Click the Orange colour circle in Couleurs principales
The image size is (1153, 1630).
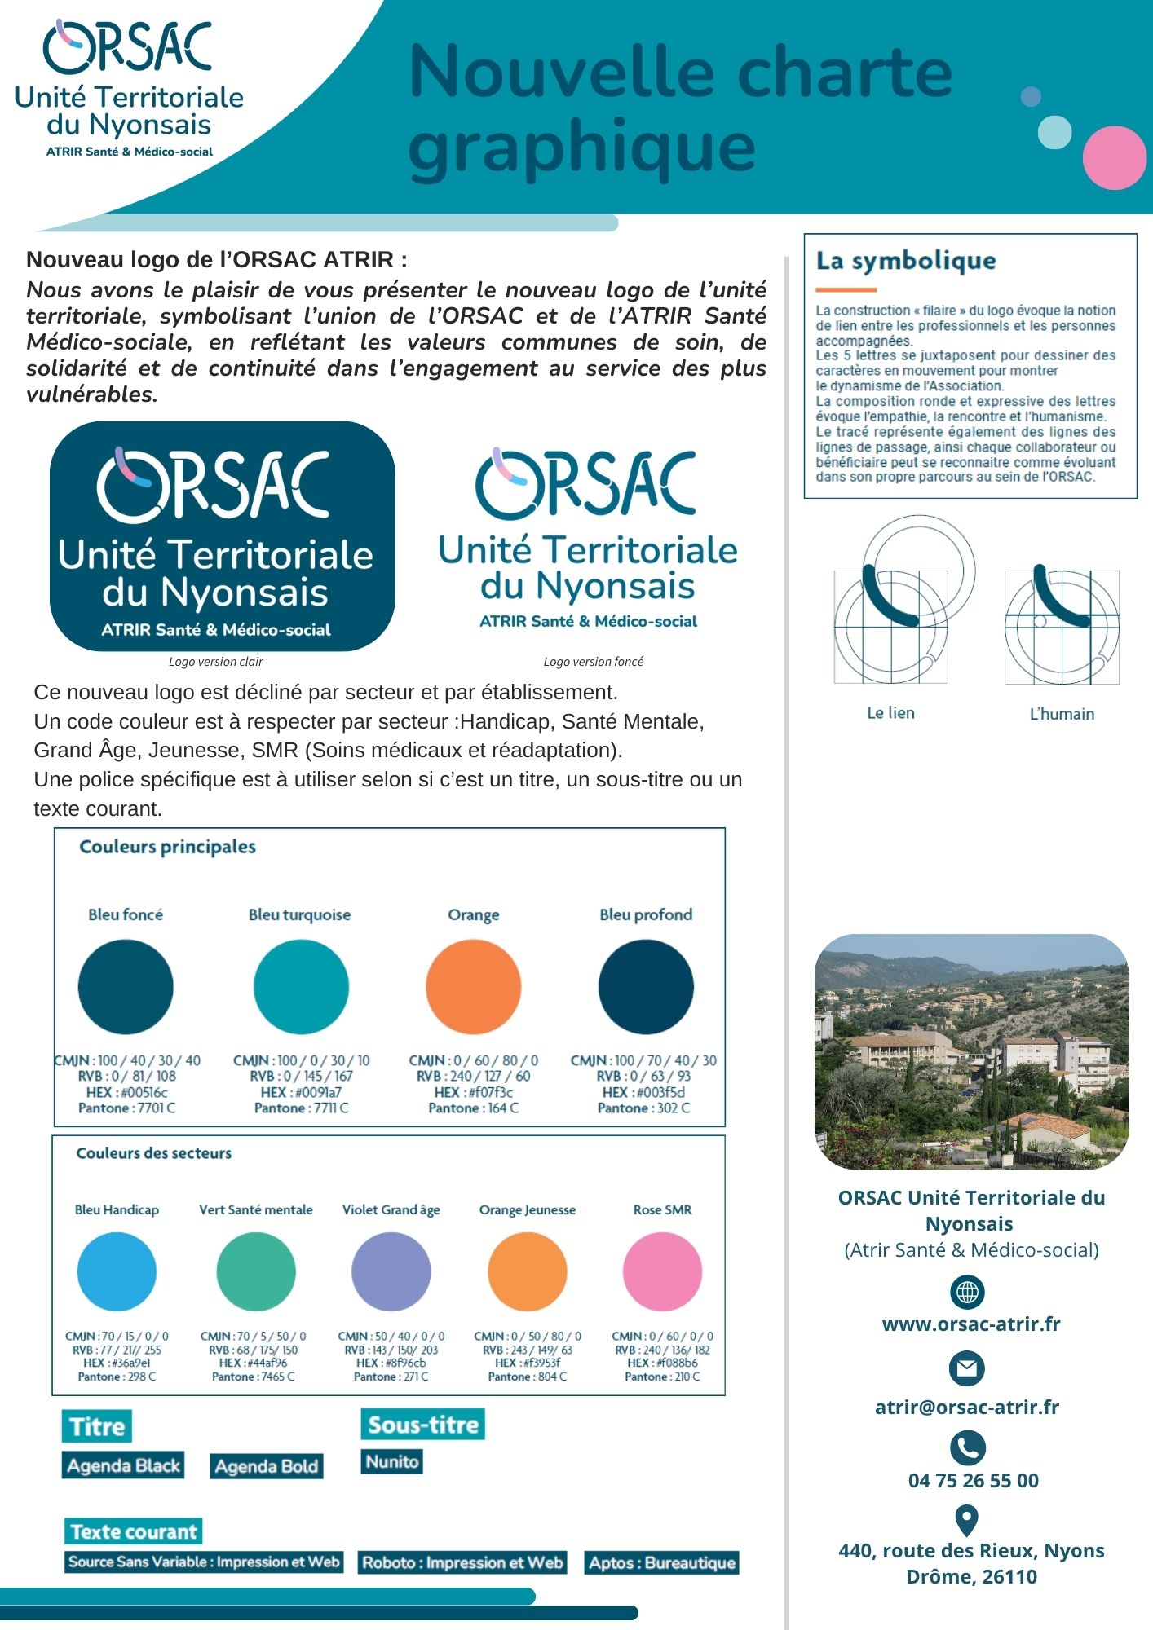[473, 987]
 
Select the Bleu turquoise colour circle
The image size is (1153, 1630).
[301, 987]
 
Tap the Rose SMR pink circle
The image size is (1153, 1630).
[662, 1271]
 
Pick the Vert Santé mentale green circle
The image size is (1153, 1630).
[256, 1271]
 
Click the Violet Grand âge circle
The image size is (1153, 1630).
[391, 1271]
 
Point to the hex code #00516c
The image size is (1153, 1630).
[126, 1092]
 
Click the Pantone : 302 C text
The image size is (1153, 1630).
[643, 1108]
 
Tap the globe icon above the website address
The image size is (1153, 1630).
[967, 1292]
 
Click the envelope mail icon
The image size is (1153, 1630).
[967, 1368]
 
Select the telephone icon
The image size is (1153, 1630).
[967, 1447]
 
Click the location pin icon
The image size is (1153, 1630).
[966, 1521]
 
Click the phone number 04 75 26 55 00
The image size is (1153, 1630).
[973, 1481]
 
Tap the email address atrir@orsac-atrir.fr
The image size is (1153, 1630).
[966, 1408]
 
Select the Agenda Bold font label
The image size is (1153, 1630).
[266, 1466]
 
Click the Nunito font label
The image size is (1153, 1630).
[391, 1461]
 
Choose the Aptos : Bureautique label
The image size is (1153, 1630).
[662, 1562]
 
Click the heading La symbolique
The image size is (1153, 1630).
[906, 261]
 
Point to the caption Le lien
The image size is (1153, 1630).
[890, 713]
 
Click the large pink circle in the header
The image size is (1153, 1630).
[1114, 157]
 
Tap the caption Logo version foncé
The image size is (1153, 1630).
[593, 662]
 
